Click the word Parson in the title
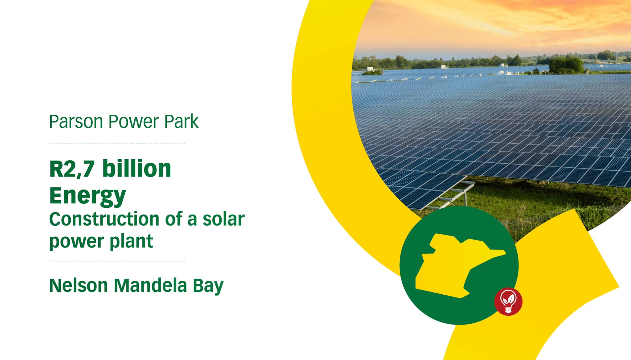pos(76,121)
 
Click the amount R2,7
pos(72,169)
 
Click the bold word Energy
pos(88,196)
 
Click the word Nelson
pos(78,285)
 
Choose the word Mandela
pos(150,285)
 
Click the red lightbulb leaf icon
pos(508,301)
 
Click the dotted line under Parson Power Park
pos(117,143)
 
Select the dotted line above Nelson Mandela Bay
pos(117,261)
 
